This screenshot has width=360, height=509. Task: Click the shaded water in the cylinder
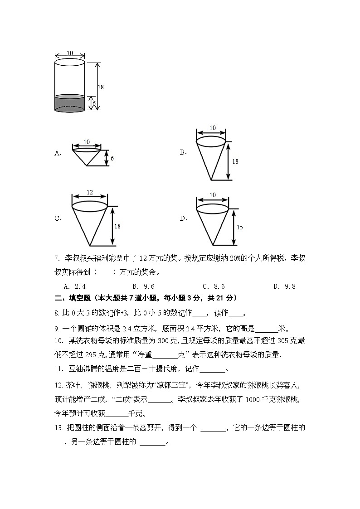tap(69, 103)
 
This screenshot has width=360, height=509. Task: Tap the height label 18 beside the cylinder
tap(101, 87)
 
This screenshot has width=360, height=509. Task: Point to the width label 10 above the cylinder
tap(69, 53)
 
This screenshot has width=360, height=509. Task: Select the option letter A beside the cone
tap(58, 154)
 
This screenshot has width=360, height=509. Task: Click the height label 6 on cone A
tap(112, 158)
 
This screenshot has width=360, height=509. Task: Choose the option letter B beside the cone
tap(183, 152)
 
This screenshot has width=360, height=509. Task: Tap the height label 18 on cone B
tap(235, 161)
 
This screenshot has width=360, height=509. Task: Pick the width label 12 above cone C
tap(89, 193)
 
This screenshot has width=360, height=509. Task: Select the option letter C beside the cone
tap(58, 218)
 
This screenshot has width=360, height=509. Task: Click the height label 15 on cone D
tap(239, 227)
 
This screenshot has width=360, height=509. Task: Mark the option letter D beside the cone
tap(183, 218)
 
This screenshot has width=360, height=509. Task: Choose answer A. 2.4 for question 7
tap(75, 286)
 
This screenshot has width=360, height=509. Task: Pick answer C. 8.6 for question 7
tap(214, 286)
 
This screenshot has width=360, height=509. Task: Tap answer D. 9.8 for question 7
tap(284, 286)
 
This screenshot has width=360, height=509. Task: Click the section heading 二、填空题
tap(73, 298)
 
